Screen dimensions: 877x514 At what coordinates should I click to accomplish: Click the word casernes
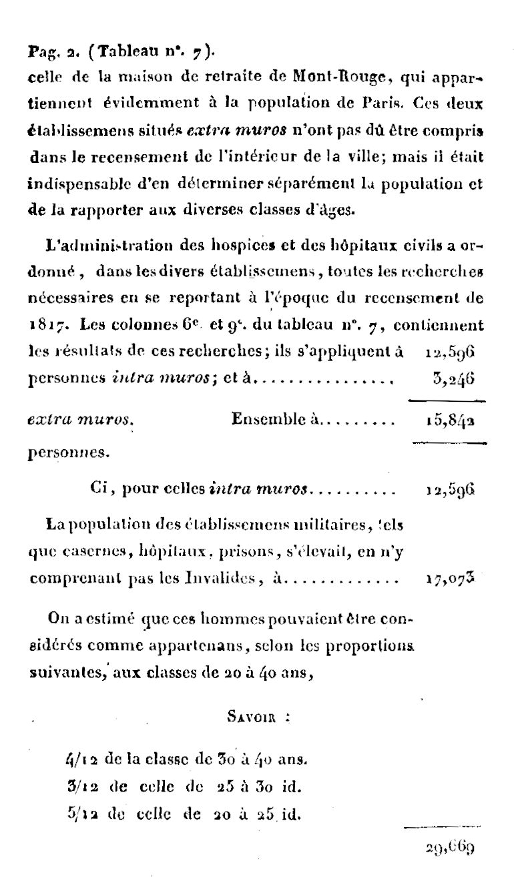pos(85,553)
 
